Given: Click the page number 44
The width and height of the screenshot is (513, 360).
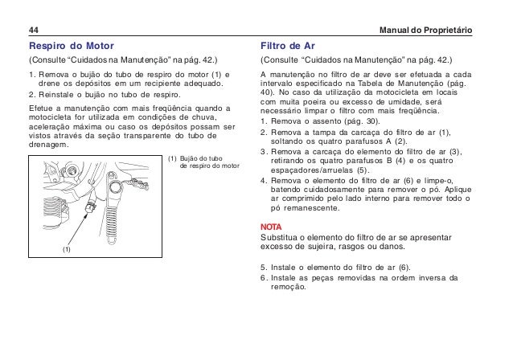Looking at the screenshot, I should pos(34,31).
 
